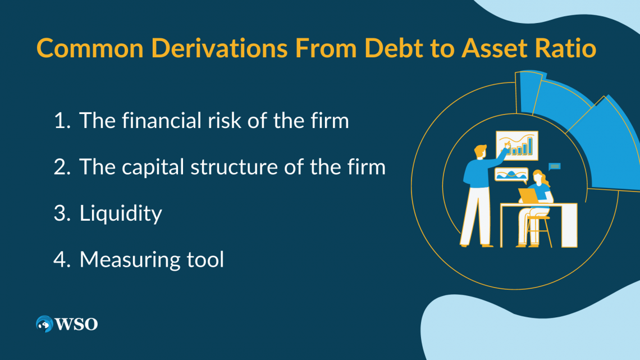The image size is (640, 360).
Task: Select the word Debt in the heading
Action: [386, 49]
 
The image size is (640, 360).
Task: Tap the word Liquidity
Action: [121, 213]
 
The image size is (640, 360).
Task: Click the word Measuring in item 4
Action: [127, 259]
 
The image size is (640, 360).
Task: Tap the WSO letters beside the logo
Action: [76, 324]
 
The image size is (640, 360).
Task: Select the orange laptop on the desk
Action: [528, 195]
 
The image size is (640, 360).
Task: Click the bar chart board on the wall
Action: [517, 145]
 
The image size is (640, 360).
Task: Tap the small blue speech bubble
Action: [555, 166]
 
